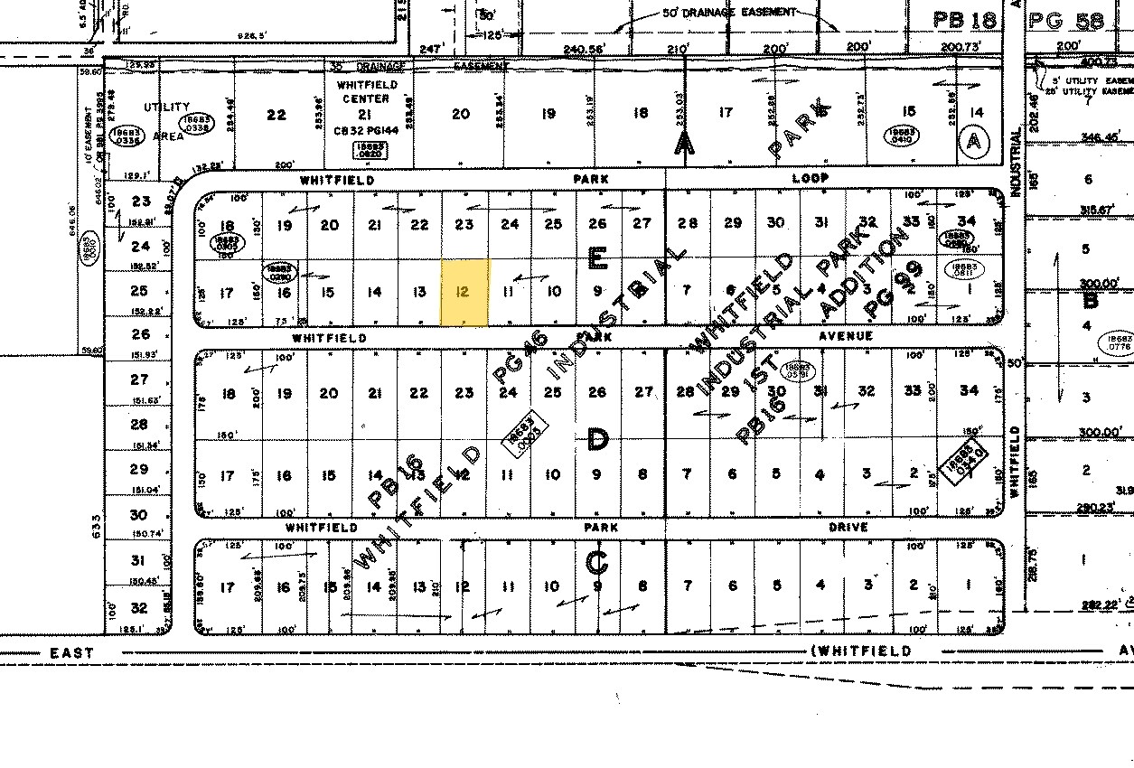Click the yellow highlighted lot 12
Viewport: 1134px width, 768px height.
coord(464,292)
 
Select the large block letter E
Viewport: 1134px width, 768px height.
coord(597,260)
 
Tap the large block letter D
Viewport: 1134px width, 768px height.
coord(597,440)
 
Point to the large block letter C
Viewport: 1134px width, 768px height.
coord(597,562)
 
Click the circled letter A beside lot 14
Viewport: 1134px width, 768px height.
coord(973,140)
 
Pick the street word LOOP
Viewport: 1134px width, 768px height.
coord(810,179)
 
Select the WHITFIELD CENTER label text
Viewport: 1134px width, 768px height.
coord(364,92)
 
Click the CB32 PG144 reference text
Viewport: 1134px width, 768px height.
coord(365,129)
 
